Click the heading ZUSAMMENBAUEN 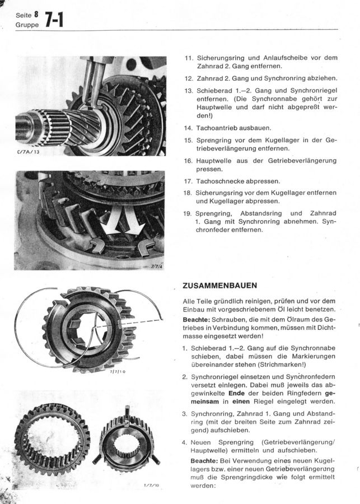pyautogui.click(x=219, y=286)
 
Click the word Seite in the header pyautogui.click(x=24, y=15)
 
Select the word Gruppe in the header pyautogui.click(x=27, y=25)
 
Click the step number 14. pyautogui.click(x=188, y=128)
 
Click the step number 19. pyautogui.click(x=188, y=213)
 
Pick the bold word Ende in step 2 pyautogui.click(x=237, y=394)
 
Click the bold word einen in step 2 pyautogui.click(x=241, y=402)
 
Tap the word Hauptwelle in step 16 pyautogui.click(x=214, y=161)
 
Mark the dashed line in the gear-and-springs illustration pyautogui.click(x=129, y=323)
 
